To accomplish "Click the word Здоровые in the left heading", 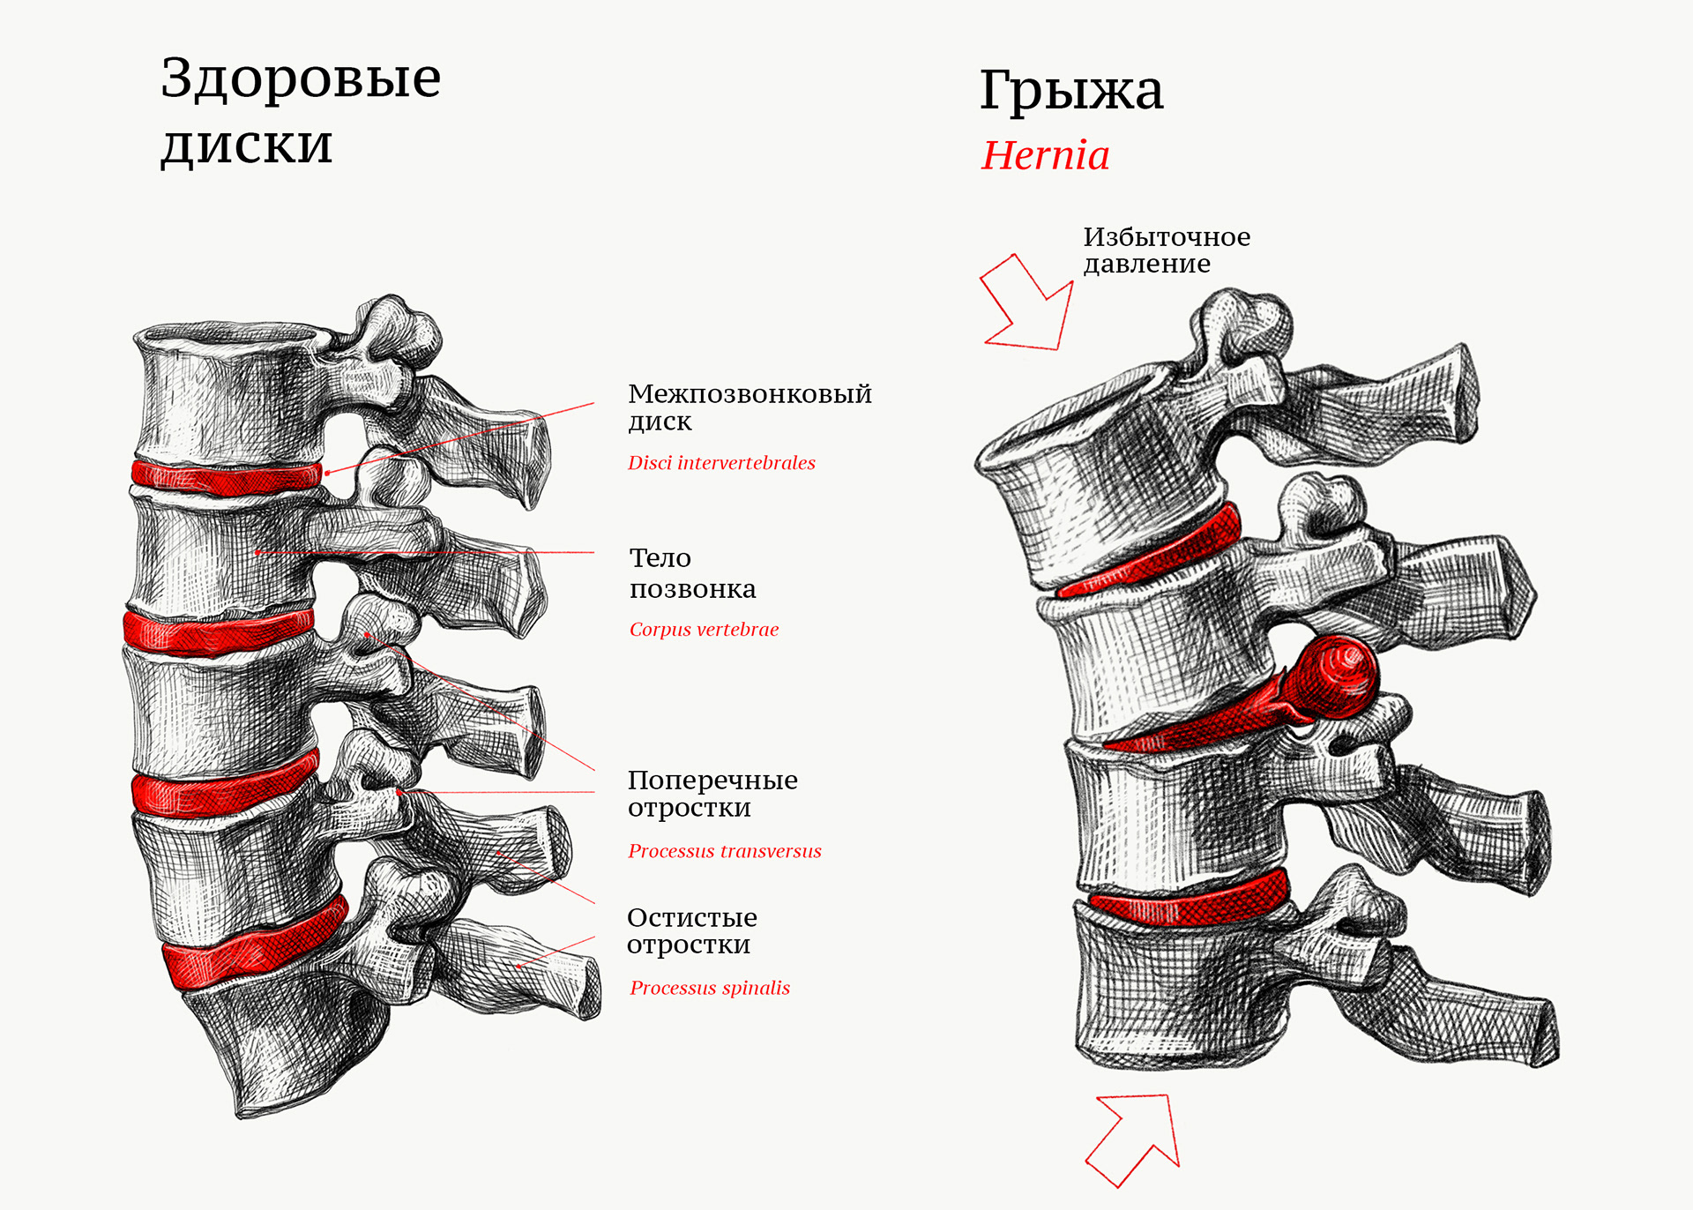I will click(x=300, y=79).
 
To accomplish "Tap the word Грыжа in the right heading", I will click(x=1071, y=90).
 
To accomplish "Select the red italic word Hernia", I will click(x=1045, y=156).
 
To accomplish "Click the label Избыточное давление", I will click(x=1166, y=250).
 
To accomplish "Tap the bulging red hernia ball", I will click(x=1336, y=677).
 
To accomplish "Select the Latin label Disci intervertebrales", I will click(x=721, y=463).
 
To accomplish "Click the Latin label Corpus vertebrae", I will click(x=704, y=630).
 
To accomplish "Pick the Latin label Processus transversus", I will click(x=724, y=851).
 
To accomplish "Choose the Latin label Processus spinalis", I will click(x=710, y=988).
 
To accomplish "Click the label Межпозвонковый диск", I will click(x=749, y=407).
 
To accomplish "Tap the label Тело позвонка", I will click(x=692, y=573).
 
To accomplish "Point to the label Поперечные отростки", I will click(x=712, y=793).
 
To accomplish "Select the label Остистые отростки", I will click(x=691, y=930).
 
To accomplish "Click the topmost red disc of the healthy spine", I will click(x=227, y=477).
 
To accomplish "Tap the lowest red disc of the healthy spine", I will click(x=251, y=948).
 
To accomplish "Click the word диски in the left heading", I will click(x=247, y=146).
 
